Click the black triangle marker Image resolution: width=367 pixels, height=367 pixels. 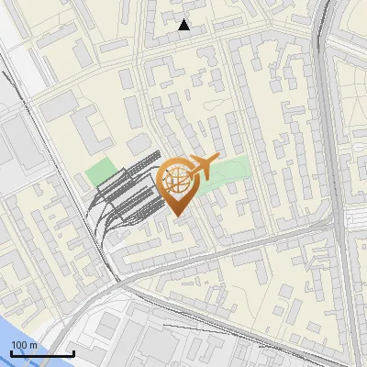coord(184,25)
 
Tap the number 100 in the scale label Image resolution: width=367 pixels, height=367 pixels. coord(19,345)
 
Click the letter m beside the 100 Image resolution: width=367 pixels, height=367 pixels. coord(33,345)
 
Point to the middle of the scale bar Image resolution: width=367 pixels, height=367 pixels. coord(42,353)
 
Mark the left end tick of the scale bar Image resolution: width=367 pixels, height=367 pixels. coord(11,352)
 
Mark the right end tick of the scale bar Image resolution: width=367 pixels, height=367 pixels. coord(73,352)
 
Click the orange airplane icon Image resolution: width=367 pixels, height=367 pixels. coord(203,167)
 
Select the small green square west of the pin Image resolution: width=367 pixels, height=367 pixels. coord(101,172)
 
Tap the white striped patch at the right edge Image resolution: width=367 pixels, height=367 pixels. coord(359,220)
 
